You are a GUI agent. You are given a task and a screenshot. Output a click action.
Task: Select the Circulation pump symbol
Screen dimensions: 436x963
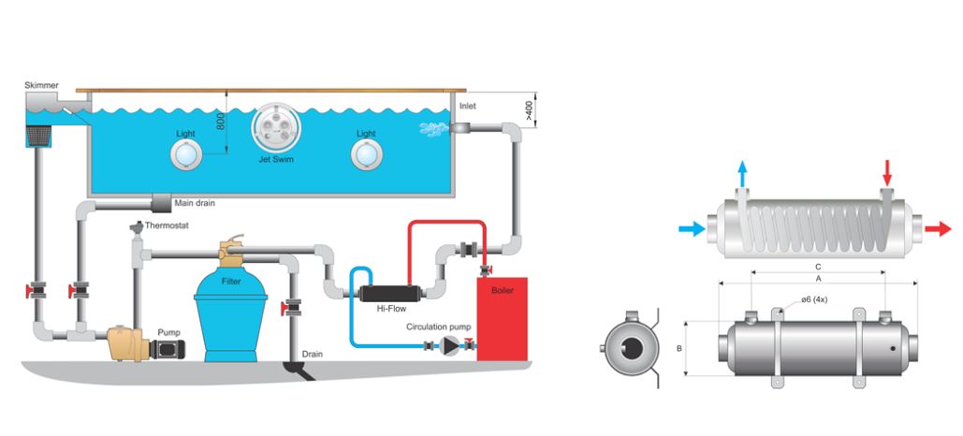click(x=452, y=346)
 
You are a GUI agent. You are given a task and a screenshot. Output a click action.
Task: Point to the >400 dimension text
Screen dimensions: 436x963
click(x=529, y=110)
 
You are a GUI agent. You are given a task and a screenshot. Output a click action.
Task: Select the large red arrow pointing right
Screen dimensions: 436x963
click(x=937, y=227)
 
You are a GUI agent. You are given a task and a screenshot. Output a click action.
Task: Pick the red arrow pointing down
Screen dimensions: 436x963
click(x=887, y=172)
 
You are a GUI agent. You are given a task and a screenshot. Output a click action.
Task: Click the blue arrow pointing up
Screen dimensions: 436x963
click(x=742, y=171)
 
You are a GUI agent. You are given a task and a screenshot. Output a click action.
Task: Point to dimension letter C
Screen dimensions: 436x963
click(x=819, y=265)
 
